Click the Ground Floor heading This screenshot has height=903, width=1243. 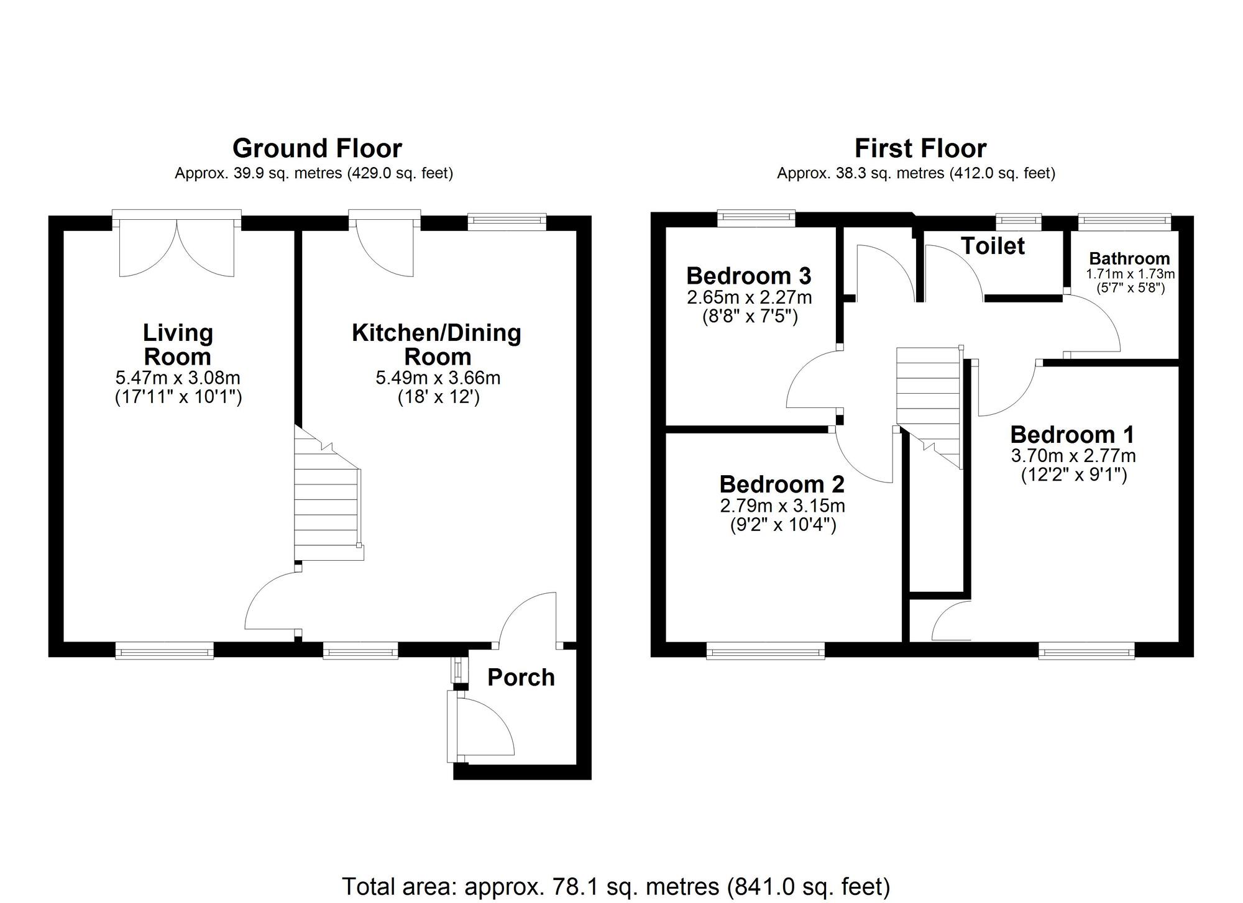click(x=317, y=149)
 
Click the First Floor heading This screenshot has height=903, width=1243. click(x=920, y=149)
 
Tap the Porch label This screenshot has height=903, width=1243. click(x=521, y=678)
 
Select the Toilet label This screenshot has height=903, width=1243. click(x=993, y=246)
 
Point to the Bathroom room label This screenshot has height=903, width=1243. click(x=1129, y=258)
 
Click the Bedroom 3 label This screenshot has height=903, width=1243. click(x=749, y=275)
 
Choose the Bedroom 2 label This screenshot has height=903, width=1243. click(x=782, y=484)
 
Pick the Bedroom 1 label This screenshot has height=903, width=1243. click(x=1073, y=434)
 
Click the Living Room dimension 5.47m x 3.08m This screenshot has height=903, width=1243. click(x=178, y=378)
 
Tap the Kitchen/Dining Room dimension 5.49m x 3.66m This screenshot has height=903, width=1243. click(x=438, y=378)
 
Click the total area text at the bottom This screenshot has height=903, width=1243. click(x=616, y=886)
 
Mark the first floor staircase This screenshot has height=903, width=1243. click(x=929, y=407)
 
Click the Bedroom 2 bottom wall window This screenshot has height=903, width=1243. click(x=766, y=650)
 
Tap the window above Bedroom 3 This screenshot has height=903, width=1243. click(x=756, y=218)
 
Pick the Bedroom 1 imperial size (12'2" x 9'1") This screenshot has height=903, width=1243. click(x=1073, y=475)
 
